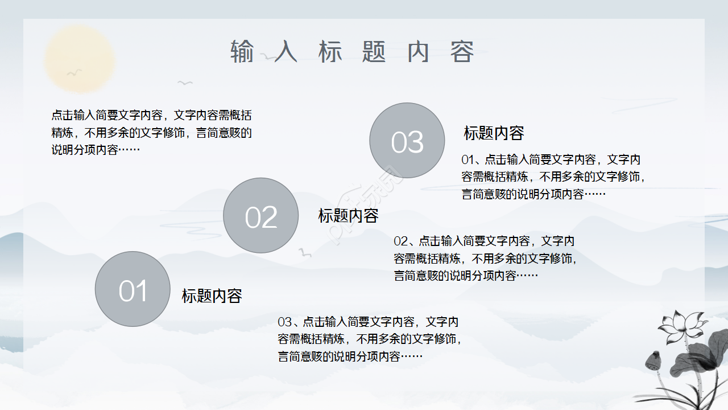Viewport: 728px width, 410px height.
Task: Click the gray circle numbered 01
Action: click(x=133, y=289)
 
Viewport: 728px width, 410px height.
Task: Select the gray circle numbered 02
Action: click(x=260, y=215)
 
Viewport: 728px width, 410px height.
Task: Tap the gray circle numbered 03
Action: click(x=407, y=140)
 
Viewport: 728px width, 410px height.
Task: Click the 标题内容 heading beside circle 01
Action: click(x=212, y=296)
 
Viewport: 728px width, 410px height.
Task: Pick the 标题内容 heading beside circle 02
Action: click(x=348, y=216)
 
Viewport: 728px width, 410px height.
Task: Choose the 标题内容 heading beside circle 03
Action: click(x=494, y=133)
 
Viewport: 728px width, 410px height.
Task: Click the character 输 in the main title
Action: click(x=242, y=52)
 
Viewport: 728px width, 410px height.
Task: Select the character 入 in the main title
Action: click(x=286, y=52)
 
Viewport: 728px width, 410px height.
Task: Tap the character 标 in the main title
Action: click(x=330, y=52)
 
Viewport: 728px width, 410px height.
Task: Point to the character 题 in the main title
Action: click(x=374, y=52)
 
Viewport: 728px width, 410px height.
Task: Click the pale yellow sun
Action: click(x=80, y=59)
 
